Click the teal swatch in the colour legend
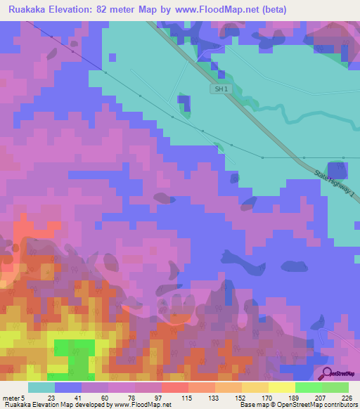click(x=41, y=387)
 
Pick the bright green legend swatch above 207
click(x=309, y=387)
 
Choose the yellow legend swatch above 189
click(x=282, y=387)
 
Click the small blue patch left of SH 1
click(x=184, y=103)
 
